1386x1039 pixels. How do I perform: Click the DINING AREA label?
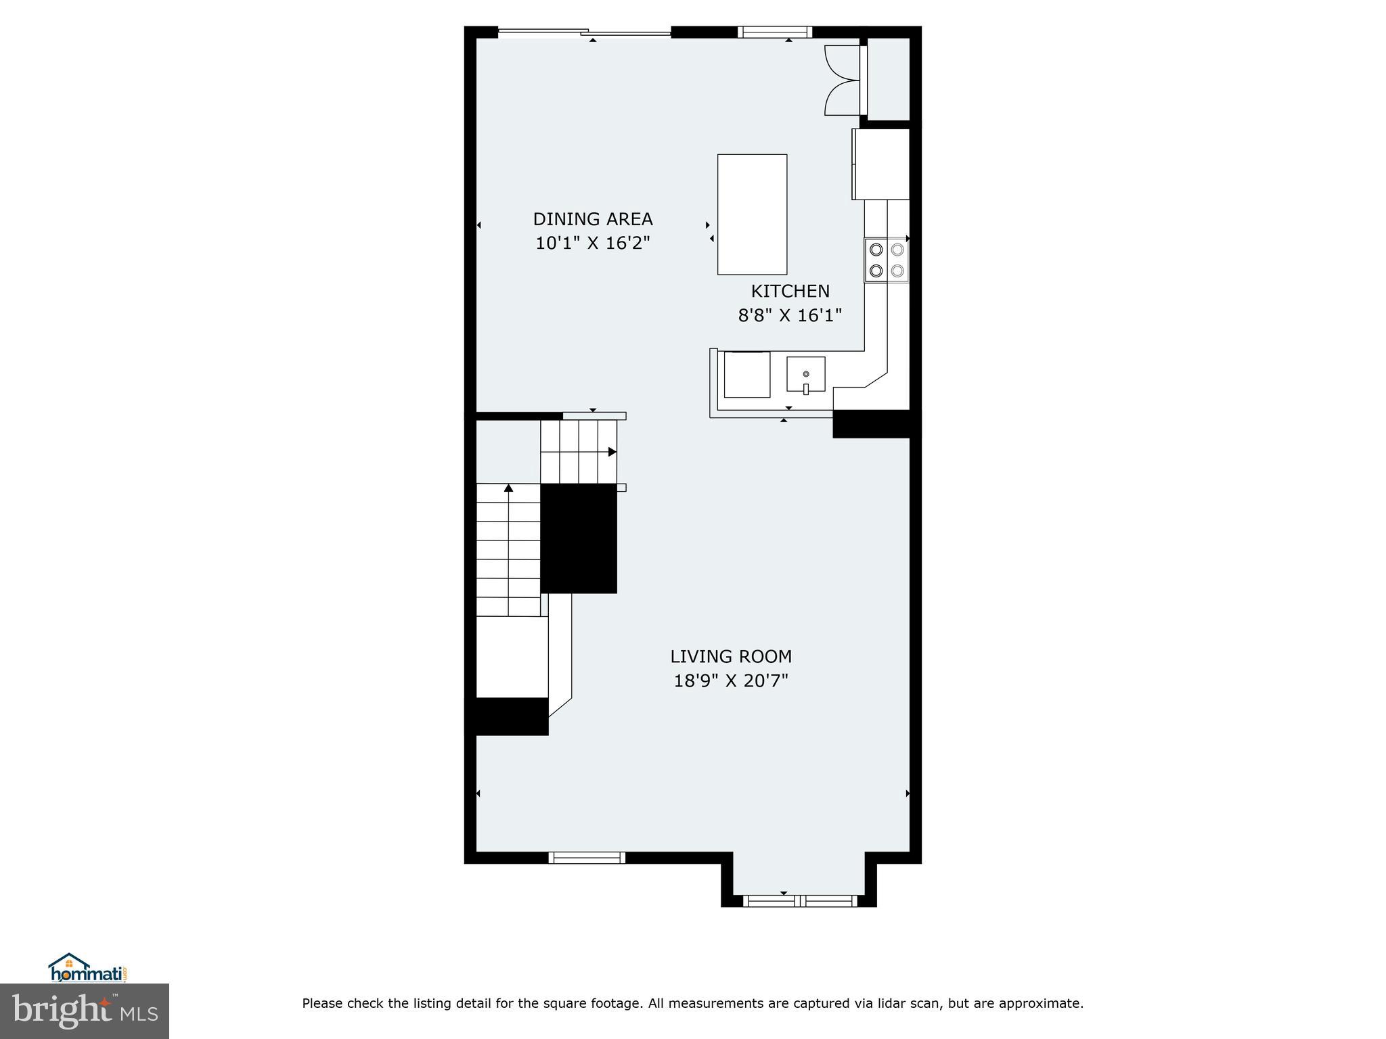592,219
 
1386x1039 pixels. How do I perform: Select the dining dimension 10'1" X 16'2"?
592,244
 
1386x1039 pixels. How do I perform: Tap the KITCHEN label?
790,291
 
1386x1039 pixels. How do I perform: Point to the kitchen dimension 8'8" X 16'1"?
790,315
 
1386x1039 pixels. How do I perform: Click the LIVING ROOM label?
731,656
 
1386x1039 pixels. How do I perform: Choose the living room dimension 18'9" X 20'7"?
731,680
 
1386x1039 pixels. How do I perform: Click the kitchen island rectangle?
752,214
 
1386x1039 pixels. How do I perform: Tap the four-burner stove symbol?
887,260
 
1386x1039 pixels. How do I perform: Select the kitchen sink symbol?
805,374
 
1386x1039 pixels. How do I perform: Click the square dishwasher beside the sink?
747,374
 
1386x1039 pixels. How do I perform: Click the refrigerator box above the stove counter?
880,164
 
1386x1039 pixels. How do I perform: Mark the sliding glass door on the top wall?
585,32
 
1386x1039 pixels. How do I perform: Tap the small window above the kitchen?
774,32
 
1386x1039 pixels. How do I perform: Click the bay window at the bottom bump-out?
799,900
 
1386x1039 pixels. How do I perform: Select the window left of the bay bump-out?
586,858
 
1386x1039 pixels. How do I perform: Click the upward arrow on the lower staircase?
508,488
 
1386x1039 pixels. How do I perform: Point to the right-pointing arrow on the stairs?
612,452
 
